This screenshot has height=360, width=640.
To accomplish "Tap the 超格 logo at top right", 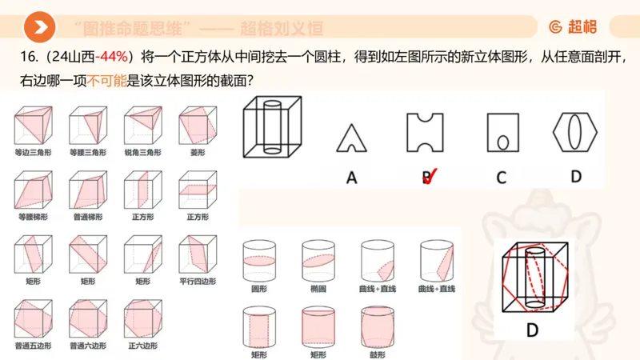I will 573,27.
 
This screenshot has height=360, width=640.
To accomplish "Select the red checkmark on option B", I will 430,175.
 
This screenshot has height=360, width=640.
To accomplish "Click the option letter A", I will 351,178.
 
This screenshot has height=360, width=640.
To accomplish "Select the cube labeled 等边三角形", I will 32,126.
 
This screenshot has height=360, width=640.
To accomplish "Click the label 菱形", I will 196,152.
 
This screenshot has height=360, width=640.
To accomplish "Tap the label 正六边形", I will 142,346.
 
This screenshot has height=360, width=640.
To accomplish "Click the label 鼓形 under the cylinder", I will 376,354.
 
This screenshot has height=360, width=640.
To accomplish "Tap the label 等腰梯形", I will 32,217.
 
